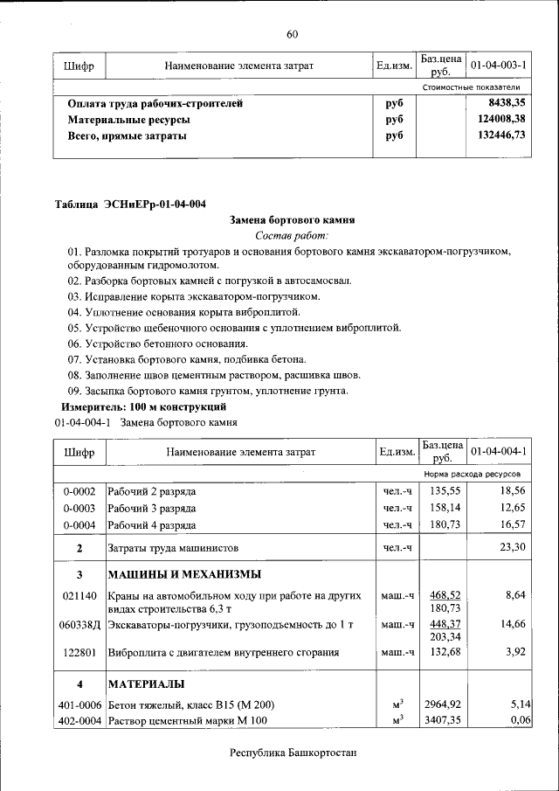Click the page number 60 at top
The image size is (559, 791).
point(293,34)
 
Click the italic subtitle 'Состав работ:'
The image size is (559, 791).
point(293,236)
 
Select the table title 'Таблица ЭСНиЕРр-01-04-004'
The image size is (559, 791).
point(131,205)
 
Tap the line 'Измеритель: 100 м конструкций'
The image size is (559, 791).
point(143,406)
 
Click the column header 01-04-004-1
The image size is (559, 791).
point(498,452)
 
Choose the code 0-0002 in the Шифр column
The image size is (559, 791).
point(79,492)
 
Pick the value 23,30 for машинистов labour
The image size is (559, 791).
point(511,547)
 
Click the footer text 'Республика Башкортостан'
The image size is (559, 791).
point(293,753)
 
